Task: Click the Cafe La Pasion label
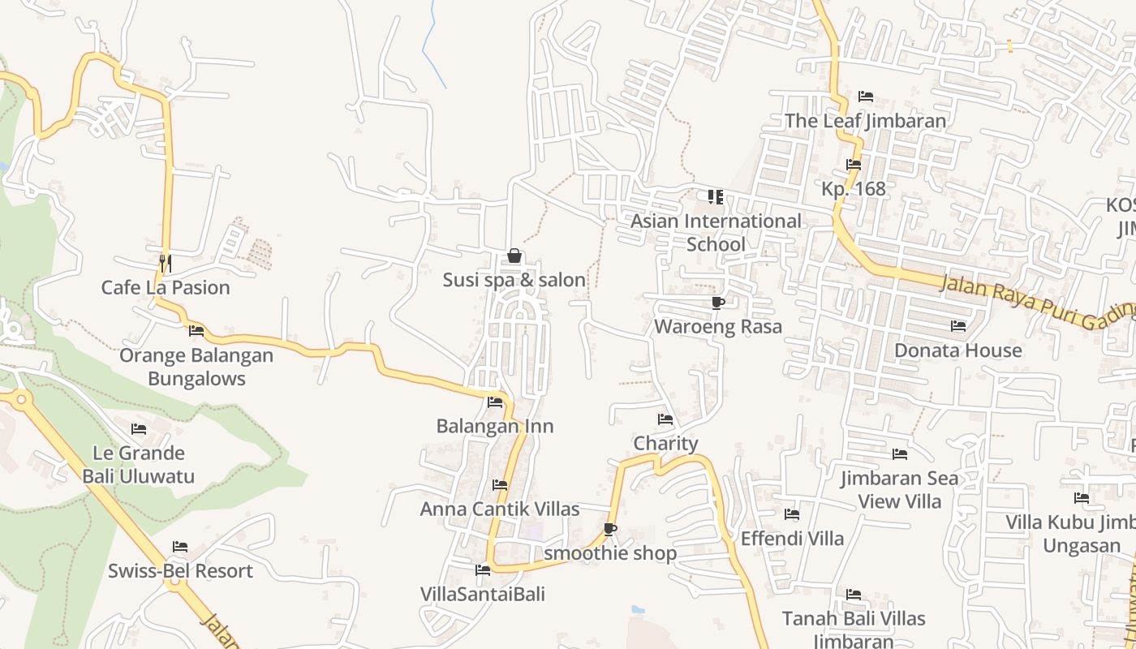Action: click(166, 287)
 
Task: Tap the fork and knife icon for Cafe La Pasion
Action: click(165, 263)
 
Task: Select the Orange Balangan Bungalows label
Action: click(196, 367)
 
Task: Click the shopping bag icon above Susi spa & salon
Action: click(514, 256)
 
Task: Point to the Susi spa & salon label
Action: click(514, 280)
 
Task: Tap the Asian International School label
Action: click(716, 232)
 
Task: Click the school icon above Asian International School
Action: click(715, 197)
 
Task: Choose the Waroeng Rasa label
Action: click(718, 326)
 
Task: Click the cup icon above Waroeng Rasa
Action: click(717, 303)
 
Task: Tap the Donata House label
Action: click(957, 350)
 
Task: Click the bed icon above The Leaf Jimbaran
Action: click(866, 97)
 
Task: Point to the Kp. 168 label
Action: click(854, 188)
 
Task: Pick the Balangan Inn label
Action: click(495, 426)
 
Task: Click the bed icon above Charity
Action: click(665, 419)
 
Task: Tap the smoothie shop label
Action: click(610, 553)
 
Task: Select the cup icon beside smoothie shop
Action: click(610, 530)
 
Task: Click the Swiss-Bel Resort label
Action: click(180, 570)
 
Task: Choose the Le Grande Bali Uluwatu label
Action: click(139, 464)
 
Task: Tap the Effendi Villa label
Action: click(792, 538)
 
